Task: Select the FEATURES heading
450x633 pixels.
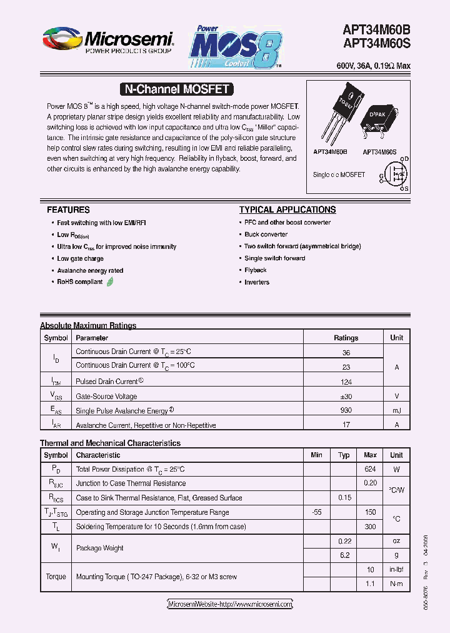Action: click(x=68, y=210)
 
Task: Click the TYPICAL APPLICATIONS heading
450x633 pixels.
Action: click(x=287, y=210)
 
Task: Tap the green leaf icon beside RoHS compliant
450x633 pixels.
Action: click(x=111, y=282)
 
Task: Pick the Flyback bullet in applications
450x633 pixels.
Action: click(x=256, y=270)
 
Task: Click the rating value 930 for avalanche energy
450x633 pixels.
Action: click(x=346, y=410)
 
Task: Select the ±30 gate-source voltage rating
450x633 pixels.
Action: click(x=346, y=396)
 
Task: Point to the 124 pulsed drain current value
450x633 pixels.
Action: click(x=346, y=382)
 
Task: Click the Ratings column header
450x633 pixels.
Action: click(x=346, y=338)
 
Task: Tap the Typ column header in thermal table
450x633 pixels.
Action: click(x=344, y=455)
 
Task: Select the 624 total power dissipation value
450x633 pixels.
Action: click(x=370, y=469)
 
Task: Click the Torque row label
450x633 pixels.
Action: click(x=56, y=577)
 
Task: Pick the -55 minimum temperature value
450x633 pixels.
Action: click(x=316, y=512)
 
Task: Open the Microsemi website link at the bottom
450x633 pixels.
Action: click(x=230, y=604)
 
